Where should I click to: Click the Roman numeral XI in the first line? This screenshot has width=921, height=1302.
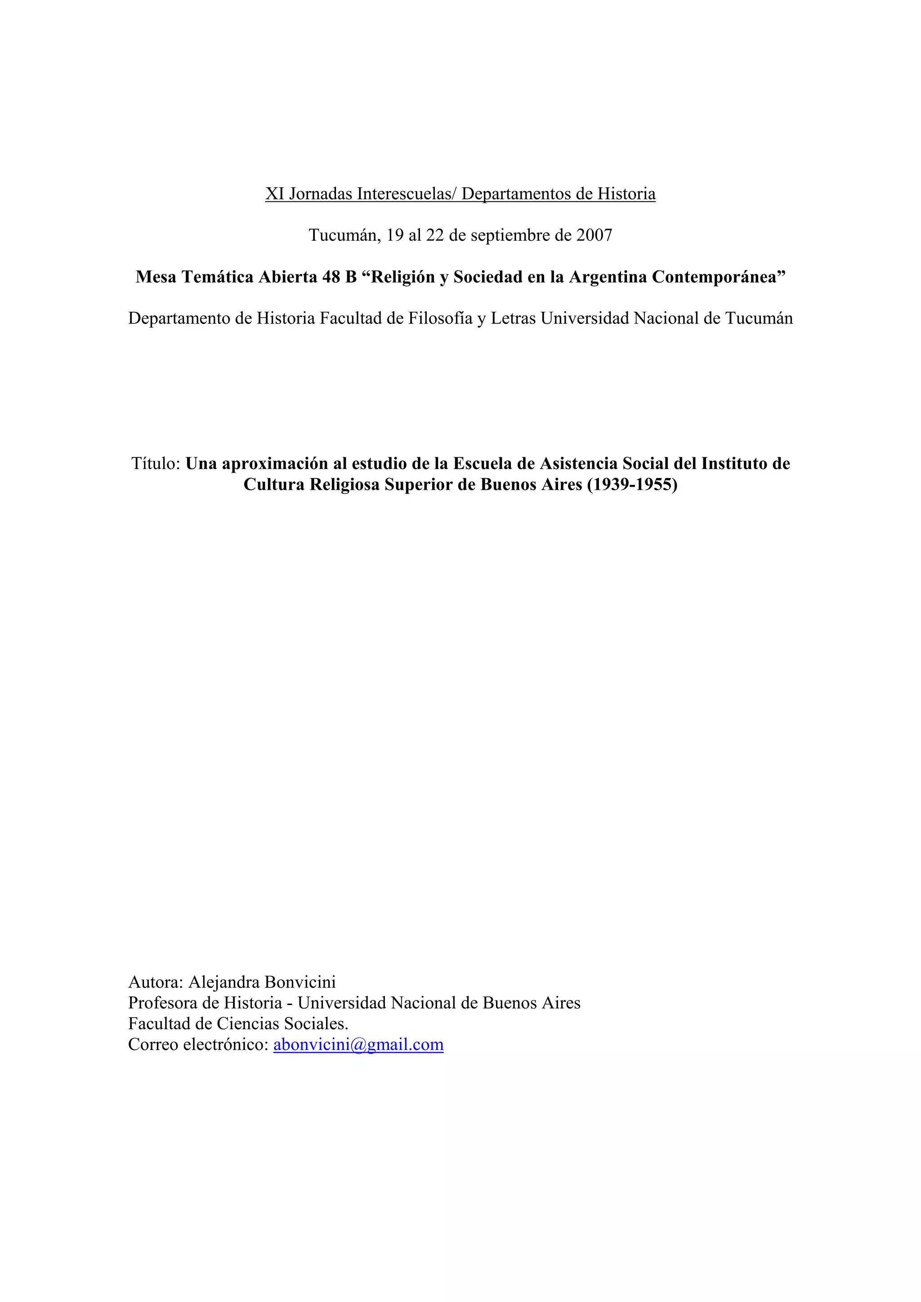coord(275,194)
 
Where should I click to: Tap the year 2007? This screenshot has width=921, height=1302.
coord(594,235)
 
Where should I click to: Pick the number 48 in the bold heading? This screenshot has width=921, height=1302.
coord(331,277)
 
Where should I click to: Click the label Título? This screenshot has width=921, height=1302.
coord(156,464)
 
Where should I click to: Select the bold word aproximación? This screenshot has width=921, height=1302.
coord(275,464)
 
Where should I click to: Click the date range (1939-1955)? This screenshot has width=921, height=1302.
coord(632,485)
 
